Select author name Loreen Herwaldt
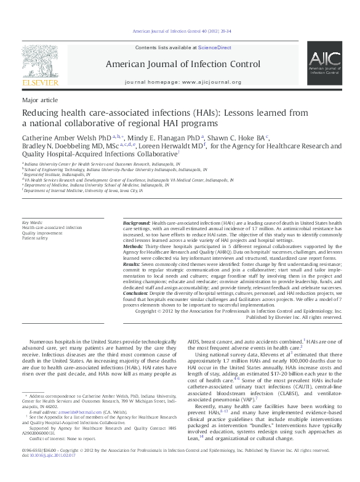coord(178,147)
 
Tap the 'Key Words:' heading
coord(32,222)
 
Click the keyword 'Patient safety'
coord(36,237)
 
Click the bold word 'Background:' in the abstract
coord(136,222)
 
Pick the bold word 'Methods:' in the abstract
coord(134,244)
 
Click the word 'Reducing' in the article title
coord(41,113)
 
